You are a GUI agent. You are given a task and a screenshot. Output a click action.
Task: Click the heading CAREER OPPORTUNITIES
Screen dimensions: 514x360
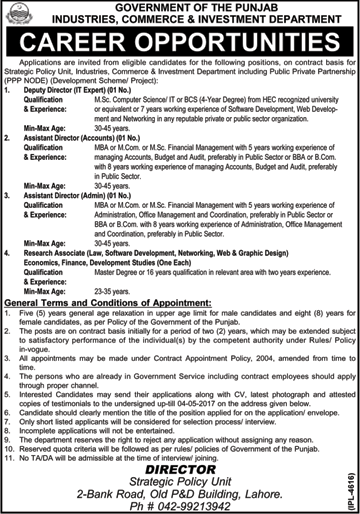[180, 41]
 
